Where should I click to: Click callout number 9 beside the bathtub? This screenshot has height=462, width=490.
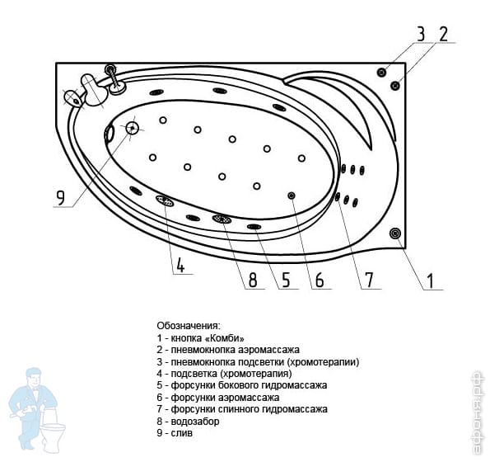click(60, 197)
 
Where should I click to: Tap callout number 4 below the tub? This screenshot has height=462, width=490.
click(180, 265)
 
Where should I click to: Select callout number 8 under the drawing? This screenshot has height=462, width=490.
click(253, 280)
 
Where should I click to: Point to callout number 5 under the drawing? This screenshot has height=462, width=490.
click(286, 280)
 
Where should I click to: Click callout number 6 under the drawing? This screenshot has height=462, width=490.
click(319, 280)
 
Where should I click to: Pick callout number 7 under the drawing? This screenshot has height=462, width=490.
click(369, 280)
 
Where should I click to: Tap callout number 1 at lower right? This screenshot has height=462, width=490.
click(431, 280)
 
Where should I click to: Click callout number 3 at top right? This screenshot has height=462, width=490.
click(422, 34)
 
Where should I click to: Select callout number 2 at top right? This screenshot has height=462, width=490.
click(443, 34)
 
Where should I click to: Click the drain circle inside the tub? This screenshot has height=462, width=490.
click(133, 128)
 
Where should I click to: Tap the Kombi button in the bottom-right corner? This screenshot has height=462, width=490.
click(395, 233)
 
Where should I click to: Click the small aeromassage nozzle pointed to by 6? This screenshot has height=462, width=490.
click(292, 196)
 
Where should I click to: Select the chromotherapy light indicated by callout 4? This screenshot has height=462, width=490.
click(165, 200)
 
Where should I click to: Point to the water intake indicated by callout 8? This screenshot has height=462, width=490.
click(222, 219)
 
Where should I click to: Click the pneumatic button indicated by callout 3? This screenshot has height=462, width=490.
click(381, 73)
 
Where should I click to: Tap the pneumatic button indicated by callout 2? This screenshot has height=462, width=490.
click(395, 85)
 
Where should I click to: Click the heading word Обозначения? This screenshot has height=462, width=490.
click(189, 326)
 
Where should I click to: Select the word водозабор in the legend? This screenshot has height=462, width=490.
click(195, 422)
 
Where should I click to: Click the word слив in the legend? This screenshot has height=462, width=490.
click(181, 433)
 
